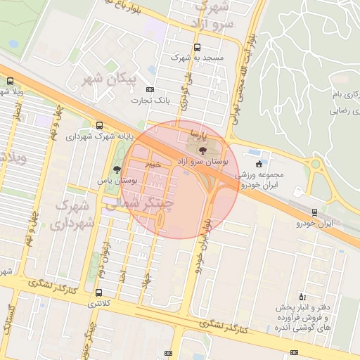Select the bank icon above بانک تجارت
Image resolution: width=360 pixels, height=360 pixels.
click(150, 90)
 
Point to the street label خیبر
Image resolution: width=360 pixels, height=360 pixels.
click(153, 164)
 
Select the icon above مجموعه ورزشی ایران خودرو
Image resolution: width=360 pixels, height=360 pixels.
click(259, 164)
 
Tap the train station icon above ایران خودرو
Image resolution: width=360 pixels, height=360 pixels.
click(314, 212)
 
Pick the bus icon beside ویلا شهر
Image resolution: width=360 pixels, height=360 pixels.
click(9, 81)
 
